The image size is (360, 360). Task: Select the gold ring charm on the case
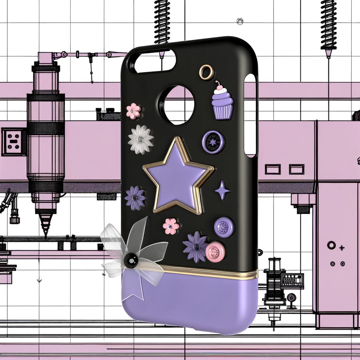(206, 72)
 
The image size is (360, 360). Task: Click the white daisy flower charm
(141, 140)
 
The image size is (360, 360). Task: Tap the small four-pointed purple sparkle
(223, 190)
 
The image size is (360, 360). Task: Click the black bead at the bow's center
(131, 261)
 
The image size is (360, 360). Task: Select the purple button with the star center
(213, 142)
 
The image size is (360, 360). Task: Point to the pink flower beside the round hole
(134, 111)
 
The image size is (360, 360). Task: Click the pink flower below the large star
(171, 226)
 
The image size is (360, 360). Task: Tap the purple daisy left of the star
(135, 198)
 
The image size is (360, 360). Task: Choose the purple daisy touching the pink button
(195, 246)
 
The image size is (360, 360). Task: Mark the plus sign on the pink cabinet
(341, 248)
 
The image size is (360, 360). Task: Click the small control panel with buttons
(292, 281)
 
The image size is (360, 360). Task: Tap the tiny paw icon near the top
(240, 21)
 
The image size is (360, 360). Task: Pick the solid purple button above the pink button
(224, 227)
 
